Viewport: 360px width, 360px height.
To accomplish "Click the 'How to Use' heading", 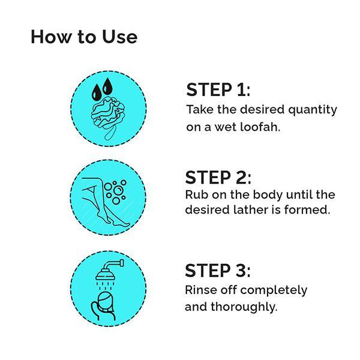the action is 84,37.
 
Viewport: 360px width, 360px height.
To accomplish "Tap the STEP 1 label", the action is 218,90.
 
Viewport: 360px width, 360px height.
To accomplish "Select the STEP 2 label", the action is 218,178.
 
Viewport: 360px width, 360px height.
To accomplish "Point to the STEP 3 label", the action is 218,271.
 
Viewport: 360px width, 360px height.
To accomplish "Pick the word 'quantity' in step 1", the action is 313,110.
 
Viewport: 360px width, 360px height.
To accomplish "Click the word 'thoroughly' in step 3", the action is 244,307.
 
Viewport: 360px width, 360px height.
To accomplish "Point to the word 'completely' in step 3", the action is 274,290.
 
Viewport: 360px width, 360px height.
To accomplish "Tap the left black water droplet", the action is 97,92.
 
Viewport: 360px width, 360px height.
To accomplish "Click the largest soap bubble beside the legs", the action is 118,191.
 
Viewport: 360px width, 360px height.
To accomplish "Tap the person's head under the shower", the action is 106,301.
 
